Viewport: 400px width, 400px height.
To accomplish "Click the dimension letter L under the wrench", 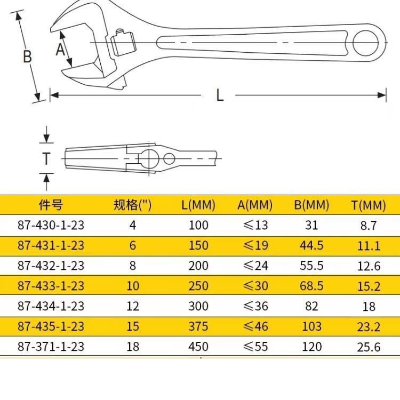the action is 220,95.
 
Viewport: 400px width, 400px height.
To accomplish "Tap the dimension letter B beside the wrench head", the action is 27,57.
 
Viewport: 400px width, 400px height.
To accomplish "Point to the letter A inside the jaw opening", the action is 60,50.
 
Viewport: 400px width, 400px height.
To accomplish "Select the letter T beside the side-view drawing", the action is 46,158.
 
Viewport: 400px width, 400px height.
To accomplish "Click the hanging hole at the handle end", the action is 365,43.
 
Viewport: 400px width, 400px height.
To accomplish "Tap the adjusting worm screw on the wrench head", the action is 123,43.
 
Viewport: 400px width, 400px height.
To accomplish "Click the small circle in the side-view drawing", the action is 169,158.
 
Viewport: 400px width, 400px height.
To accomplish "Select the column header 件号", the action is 51,205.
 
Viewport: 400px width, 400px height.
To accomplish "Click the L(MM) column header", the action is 198,205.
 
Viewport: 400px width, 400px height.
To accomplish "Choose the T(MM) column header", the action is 369,205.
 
